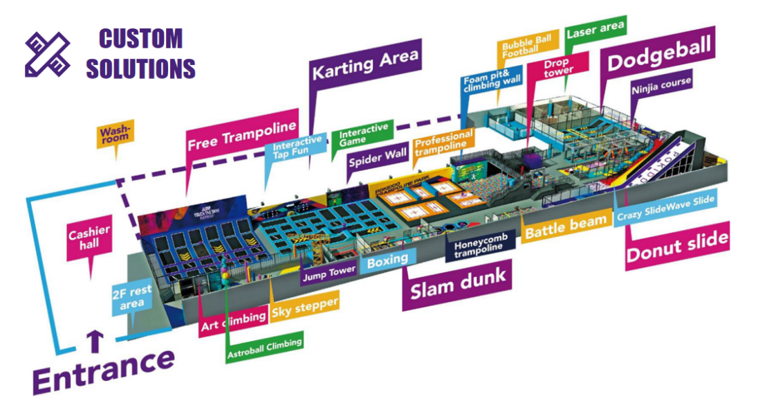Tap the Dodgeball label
click(658, 56)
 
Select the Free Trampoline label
click(241, 135)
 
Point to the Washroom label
click(114, 132)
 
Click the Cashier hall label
click(89, 237)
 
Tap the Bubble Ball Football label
click(527, 47)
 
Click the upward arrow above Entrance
click(95, 341)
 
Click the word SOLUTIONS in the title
click(141, 69)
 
